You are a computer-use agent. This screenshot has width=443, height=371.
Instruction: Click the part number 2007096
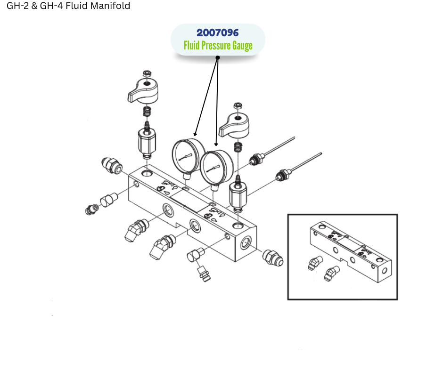coord(218,33)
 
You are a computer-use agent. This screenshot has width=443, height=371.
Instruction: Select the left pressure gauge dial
coord(188,156)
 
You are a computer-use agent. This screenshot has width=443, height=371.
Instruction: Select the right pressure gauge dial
coord(216,168)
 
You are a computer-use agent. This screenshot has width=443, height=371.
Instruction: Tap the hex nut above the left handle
coord(147,74)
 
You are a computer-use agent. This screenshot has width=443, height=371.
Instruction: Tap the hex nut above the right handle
coord(238,106)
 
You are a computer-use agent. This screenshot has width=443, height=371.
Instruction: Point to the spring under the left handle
coord(147,111)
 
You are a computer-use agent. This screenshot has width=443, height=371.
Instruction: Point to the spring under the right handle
coord(238,147)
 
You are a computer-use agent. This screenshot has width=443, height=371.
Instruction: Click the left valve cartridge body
coord(147,140)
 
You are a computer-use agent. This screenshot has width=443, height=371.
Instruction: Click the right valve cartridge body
coord(238,194)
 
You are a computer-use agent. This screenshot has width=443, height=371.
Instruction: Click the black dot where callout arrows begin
coord(218,57)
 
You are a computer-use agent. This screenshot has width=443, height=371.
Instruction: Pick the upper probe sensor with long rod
coord(271,151)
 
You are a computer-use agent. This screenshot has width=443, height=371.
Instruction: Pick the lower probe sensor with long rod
coord(298,167)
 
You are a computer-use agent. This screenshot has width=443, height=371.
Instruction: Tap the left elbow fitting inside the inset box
coord(315,263)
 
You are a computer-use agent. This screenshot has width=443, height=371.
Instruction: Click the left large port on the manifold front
coord(169,210)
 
